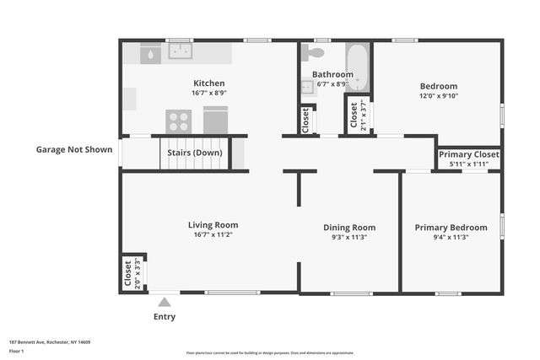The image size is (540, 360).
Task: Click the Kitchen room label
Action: coord(209,83)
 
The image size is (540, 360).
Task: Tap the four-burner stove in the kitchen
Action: coord(178,120)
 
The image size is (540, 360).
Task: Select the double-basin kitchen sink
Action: coord(180,51)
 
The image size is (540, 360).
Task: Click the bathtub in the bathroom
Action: coord(358,67)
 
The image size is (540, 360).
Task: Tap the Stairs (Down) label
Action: coord(195,153)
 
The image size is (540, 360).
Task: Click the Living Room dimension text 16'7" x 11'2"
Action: coord(213,236)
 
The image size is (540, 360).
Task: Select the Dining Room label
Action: coord(349,227)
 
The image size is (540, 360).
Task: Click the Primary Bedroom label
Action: coord(451,227)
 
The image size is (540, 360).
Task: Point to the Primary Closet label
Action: coord(468,154)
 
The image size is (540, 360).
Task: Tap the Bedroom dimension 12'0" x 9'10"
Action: coord(438,96)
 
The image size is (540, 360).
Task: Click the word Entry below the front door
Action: coord(165,317)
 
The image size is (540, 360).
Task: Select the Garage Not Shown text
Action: coord(73,149)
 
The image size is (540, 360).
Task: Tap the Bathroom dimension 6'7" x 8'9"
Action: coord(332,84)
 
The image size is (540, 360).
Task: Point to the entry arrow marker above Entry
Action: coord(165,300)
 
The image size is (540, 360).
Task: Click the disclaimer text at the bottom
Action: coord(269,352)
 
